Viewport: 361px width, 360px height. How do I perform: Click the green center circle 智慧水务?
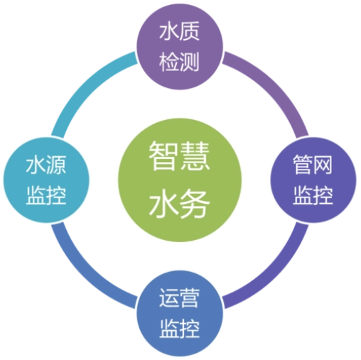[x=180, y=180]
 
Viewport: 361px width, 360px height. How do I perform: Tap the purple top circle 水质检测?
[x=180, y=47]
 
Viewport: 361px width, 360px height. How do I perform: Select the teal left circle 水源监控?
[x=46, y=180]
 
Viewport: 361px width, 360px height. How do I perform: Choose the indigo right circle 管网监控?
[x=313, y=180]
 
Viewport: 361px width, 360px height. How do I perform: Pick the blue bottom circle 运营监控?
[x=180, y=313]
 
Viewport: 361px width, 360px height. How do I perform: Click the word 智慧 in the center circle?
[x=179, y=156]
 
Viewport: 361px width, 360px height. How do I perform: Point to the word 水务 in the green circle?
[x=179, y=203]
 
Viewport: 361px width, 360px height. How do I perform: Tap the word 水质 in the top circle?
[x=179, y=31]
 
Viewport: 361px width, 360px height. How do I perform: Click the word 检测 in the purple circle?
[x=179, y=62]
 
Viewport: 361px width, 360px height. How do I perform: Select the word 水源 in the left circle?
[x=46, y=165]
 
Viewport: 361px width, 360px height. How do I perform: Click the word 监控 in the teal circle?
[x=46, y=195]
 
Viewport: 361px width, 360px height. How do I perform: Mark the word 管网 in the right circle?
[x=313, y=165]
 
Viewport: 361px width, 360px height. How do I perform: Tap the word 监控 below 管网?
[x=313, y=195]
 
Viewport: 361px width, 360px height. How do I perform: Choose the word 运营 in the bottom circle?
[x=179, y=298]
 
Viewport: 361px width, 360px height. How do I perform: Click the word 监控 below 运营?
[x=179, y=329]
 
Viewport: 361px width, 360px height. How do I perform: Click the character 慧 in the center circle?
[x=195, y=156]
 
